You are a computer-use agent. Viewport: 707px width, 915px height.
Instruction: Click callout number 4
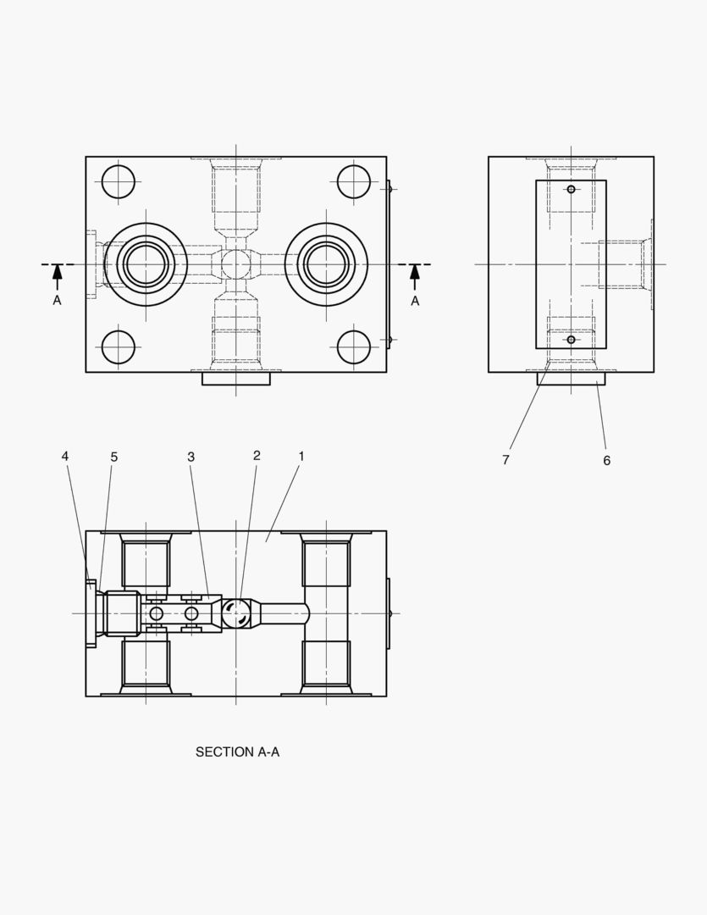tap(65, 457)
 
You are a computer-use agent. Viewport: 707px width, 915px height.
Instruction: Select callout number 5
tap(114, 457)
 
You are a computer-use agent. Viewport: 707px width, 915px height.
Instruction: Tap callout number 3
tap(191, 457)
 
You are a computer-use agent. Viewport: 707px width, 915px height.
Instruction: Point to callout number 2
tap(257, 456)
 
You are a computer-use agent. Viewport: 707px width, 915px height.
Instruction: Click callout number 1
tap(301, 456)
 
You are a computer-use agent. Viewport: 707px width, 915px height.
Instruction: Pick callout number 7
tap(505, 460)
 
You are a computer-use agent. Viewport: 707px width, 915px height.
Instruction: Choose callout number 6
tap(606, 461)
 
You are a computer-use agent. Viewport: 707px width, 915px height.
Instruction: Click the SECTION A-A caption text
tap(237, 751)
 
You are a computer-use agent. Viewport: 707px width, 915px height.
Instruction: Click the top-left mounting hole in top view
tap(119, 182)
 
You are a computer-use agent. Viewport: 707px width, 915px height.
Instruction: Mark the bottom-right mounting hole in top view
tap(354, 347)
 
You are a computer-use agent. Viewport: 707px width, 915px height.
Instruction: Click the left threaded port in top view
tap(146, 264)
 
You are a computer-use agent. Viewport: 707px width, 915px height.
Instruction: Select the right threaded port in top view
tap(326, 264)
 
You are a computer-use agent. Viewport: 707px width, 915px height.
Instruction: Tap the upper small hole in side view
tap(571, 189)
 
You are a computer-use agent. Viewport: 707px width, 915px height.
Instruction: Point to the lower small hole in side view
tap(571, 340)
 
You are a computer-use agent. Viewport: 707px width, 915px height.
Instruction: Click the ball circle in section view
tap(236, 613)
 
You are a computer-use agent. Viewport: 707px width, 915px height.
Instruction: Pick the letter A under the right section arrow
tap(415, 301)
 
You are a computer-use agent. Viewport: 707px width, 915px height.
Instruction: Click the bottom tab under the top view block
tap(235, 379)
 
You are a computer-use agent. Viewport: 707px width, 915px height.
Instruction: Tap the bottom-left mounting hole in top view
tap(119, 347)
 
